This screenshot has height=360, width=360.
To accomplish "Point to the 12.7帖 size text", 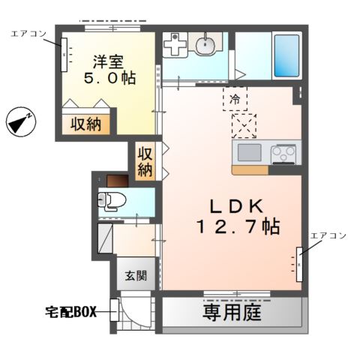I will tap(239, 226).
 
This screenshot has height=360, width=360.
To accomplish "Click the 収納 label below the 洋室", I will tap(86, 124).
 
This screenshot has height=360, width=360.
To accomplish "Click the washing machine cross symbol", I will tap(175, 47).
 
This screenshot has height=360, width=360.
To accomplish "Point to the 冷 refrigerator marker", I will tap(233, 98).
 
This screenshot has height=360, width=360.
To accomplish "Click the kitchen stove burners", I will tap(283, 154).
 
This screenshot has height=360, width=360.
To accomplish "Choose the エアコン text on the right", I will tap(328, 235).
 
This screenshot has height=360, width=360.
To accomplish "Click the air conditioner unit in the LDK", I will tap(299, 264).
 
